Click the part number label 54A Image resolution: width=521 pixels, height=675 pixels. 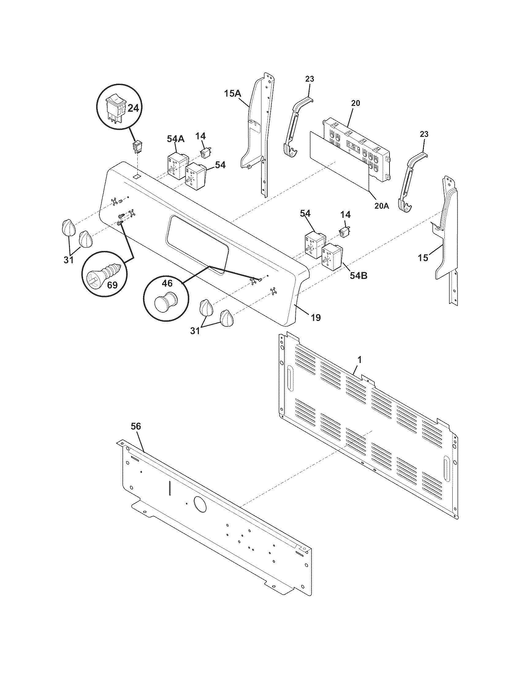point(176,139)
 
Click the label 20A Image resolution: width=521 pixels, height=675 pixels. point(382,206)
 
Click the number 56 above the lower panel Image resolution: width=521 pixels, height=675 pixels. point(136,426)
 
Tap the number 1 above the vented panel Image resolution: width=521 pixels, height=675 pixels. point(359,360)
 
